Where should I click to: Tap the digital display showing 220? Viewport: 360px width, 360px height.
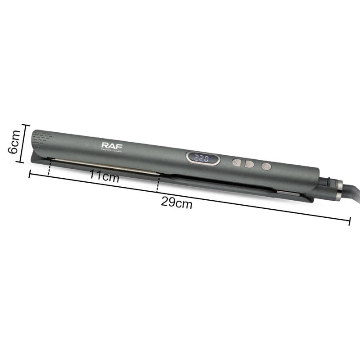[x=203, y=158]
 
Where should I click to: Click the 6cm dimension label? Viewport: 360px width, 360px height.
[x=14, y=142]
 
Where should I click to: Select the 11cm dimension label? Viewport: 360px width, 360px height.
[x=103, y=176]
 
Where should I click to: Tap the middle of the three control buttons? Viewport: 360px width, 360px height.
[x=250, y=164]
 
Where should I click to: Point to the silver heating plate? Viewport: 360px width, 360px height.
[x=103, y=166]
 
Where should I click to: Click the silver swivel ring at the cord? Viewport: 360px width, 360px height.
[x=338, y=190]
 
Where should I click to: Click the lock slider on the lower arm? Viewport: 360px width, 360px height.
[x=288, y=193]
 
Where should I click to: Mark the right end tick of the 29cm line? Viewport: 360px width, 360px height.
[x=349, y=220]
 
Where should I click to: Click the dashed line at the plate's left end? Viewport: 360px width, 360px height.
[x=49, y=167]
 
